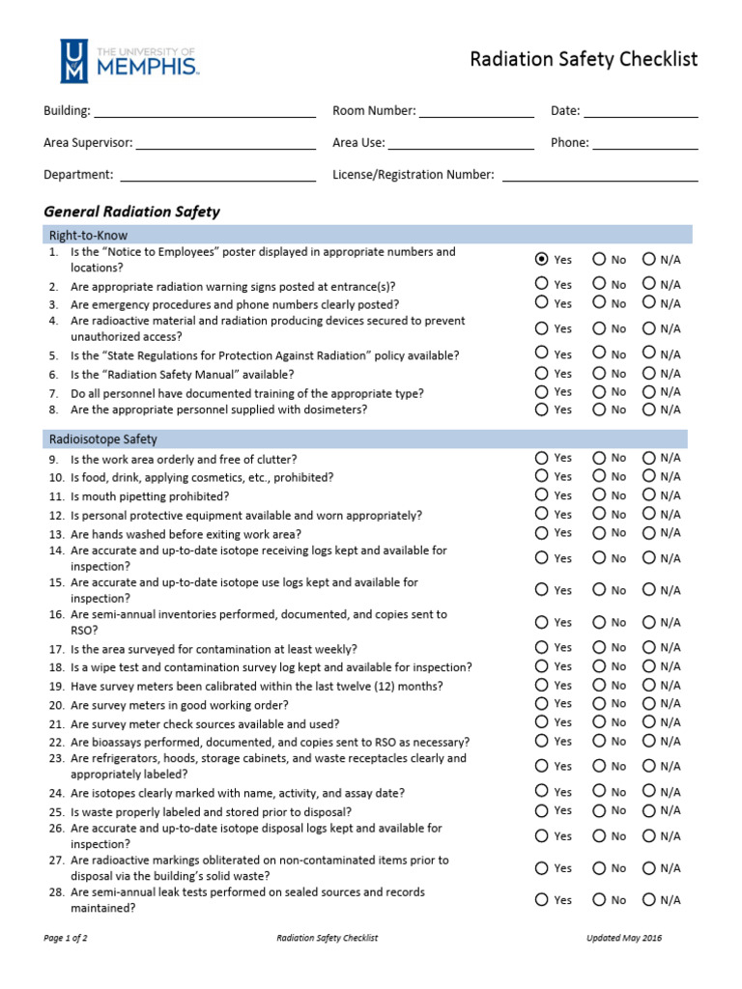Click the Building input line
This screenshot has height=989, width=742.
[x=205, y=111]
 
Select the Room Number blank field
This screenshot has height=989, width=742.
[x=476, y=111]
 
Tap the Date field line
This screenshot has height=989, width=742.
[x=641, y=111]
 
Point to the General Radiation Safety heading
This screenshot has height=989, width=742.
[x=132, y=212]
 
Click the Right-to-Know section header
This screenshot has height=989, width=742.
[x=88, y=235]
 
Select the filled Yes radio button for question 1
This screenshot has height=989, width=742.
[x=541, y=259]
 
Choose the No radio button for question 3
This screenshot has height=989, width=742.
[x=599, y=303]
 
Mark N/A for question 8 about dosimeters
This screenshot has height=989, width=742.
[x=649, y=410]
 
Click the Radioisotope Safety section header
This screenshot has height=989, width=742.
[x=102, y=438]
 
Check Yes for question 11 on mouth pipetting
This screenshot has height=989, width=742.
[x=541, y=495]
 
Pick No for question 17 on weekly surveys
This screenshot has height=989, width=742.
[x=599, y=648]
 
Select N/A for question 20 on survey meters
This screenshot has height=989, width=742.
[x=649, y=704]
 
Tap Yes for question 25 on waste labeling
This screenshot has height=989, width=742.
[x=541, y=810]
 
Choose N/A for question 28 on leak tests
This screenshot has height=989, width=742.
[x=649, y=899]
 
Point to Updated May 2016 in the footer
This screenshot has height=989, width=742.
[x=624, y=938]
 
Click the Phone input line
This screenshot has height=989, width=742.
[x=644, y=143]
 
